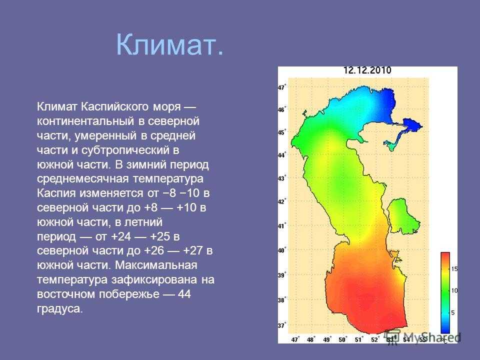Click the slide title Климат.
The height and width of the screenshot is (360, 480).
click(x=170, y=44)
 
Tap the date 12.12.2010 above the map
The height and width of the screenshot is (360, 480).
click(x=367, y=70)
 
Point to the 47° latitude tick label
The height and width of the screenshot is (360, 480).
click(x=281, y=87)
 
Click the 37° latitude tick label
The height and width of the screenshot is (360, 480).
click(x=281, y=325)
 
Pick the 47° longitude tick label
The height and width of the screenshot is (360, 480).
click(x=295, y=339)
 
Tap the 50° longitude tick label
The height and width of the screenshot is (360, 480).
click(x=342, y=339)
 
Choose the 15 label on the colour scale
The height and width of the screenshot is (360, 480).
click(x=454, y=269)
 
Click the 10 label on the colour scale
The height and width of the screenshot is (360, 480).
click(x=454, y=290)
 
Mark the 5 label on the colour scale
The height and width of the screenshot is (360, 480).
click(x=453, y=312)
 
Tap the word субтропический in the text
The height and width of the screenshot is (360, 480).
click(x=126, y=150)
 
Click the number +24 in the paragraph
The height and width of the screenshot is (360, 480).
click(x=121, y=236)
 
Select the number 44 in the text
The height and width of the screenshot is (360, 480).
click(x=184, y=294)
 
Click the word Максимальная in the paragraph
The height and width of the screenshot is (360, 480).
click(x=156, y=265)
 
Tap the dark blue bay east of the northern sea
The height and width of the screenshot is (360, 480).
click(x=412, y=125)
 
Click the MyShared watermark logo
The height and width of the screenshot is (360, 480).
click(x=422, y=337)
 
